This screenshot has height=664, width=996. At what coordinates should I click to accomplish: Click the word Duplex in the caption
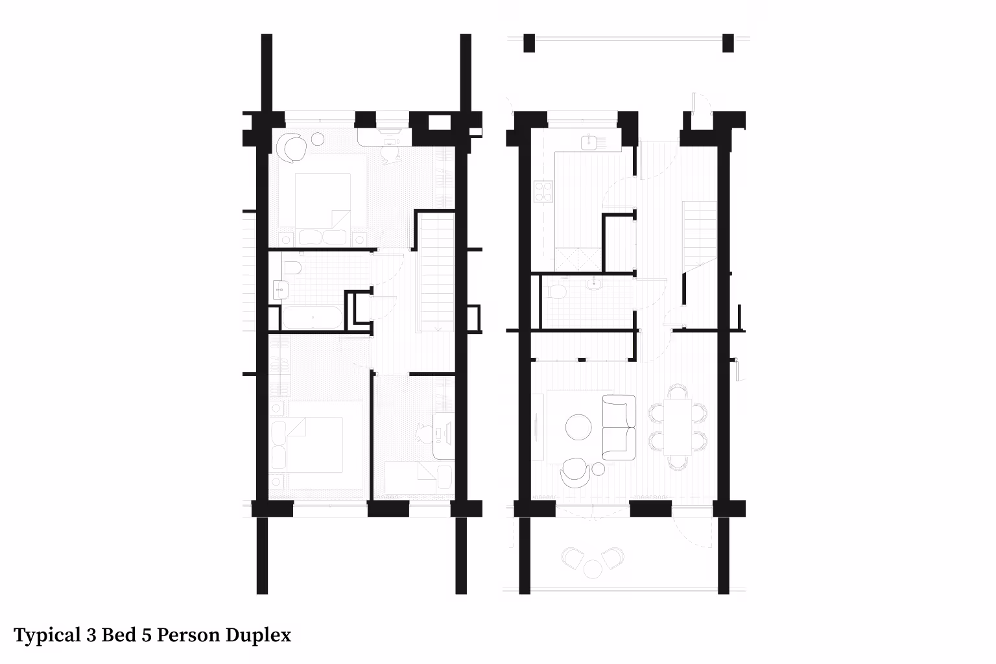[258, 635]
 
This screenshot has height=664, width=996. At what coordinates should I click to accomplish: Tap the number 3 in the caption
[91, 635]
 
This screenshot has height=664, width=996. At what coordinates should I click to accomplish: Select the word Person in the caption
[189, 635]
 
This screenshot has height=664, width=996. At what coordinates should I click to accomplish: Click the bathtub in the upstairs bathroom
[313, 317]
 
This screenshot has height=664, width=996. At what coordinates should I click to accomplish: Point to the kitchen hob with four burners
[543, 191]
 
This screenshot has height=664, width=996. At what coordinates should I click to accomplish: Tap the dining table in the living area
[678, 427]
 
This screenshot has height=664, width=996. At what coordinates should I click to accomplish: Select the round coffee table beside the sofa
[578, 427]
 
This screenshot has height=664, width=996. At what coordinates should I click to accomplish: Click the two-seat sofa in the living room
[619, 427]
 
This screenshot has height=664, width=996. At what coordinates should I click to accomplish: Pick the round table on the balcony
[593, 569]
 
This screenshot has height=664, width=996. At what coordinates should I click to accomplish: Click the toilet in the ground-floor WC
[555, 292]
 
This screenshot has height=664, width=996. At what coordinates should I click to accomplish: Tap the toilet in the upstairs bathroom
[292, 268]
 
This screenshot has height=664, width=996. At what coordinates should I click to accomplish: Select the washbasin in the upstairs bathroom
[281, 290]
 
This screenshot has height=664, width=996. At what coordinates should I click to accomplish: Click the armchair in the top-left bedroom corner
[291, 148]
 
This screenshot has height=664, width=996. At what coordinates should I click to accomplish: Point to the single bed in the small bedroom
[418, 477]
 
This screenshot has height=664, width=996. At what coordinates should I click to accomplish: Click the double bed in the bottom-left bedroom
[307, 445]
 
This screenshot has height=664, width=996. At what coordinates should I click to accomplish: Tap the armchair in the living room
[575, 472]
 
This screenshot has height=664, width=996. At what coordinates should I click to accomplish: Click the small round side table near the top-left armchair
[318, 139]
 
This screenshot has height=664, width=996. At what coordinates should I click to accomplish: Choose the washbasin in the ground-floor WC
[593, 283]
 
